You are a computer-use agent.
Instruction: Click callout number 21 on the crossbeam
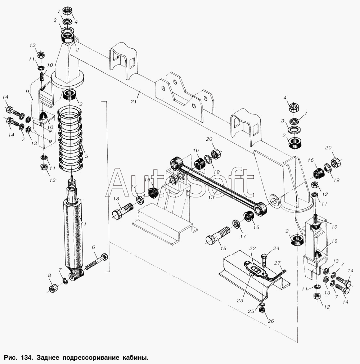click(134, 102)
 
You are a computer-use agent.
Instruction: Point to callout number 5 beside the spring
click(86, 156)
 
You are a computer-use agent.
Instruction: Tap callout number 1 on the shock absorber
click(85, 224)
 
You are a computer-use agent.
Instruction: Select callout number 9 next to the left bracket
click(28, 91)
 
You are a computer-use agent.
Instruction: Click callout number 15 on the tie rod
click(211, 197)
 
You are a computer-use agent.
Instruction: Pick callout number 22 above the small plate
click(252, 248)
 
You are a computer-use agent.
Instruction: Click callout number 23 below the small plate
click(240, 300)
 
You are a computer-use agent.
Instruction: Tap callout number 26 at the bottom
click(271, 321)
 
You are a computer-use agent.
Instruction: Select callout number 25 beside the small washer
click(251, 311)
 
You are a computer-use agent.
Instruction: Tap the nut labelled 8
click(53, 288)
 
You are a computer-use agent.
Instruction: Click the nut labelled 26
click(262, 310)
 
